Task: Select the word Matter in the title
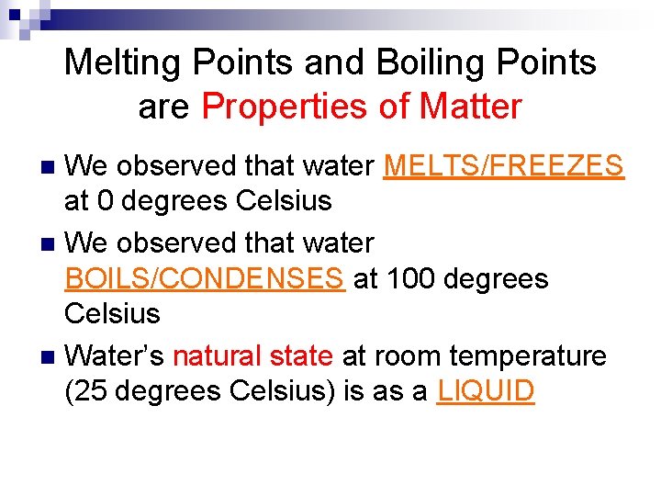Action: pos(470,107)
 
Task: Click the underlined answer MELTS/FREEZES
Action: pos(504,167)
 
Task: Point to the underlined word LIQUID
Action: pos(486,391)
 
